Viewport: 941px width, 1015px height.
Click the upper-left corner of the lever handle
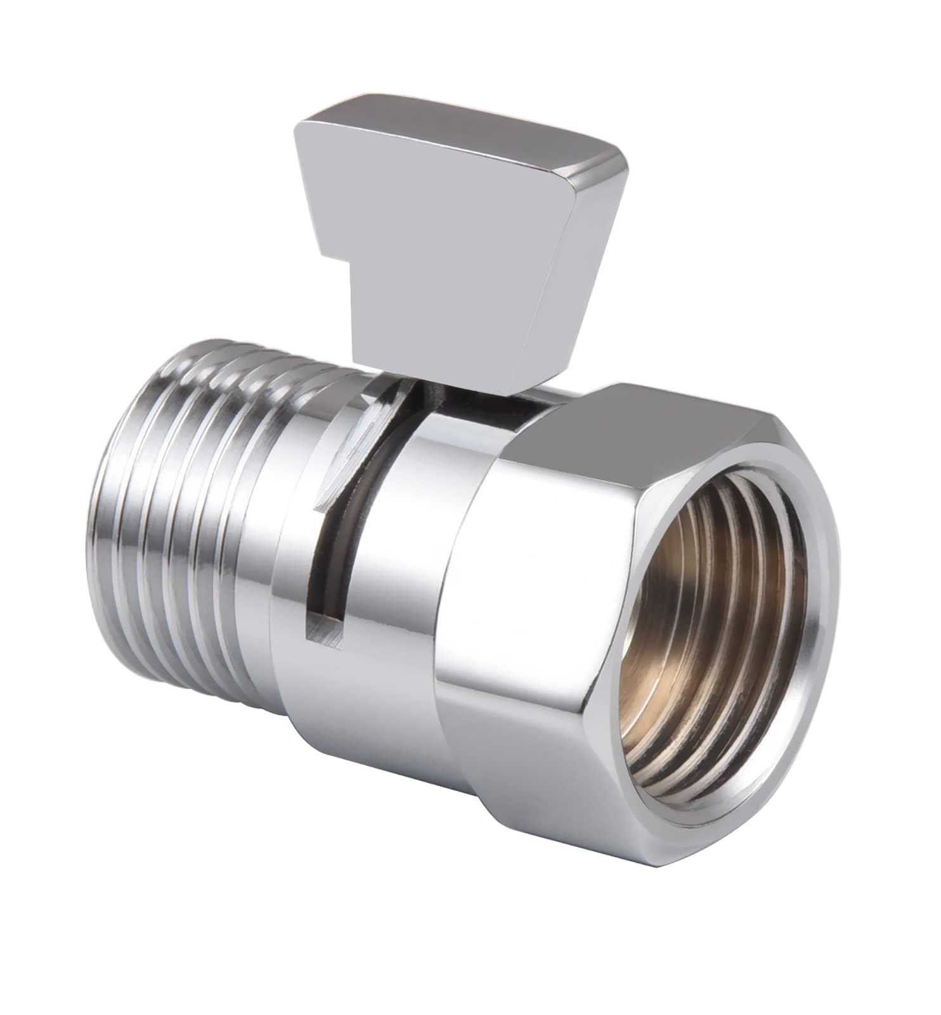point(302,124)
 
